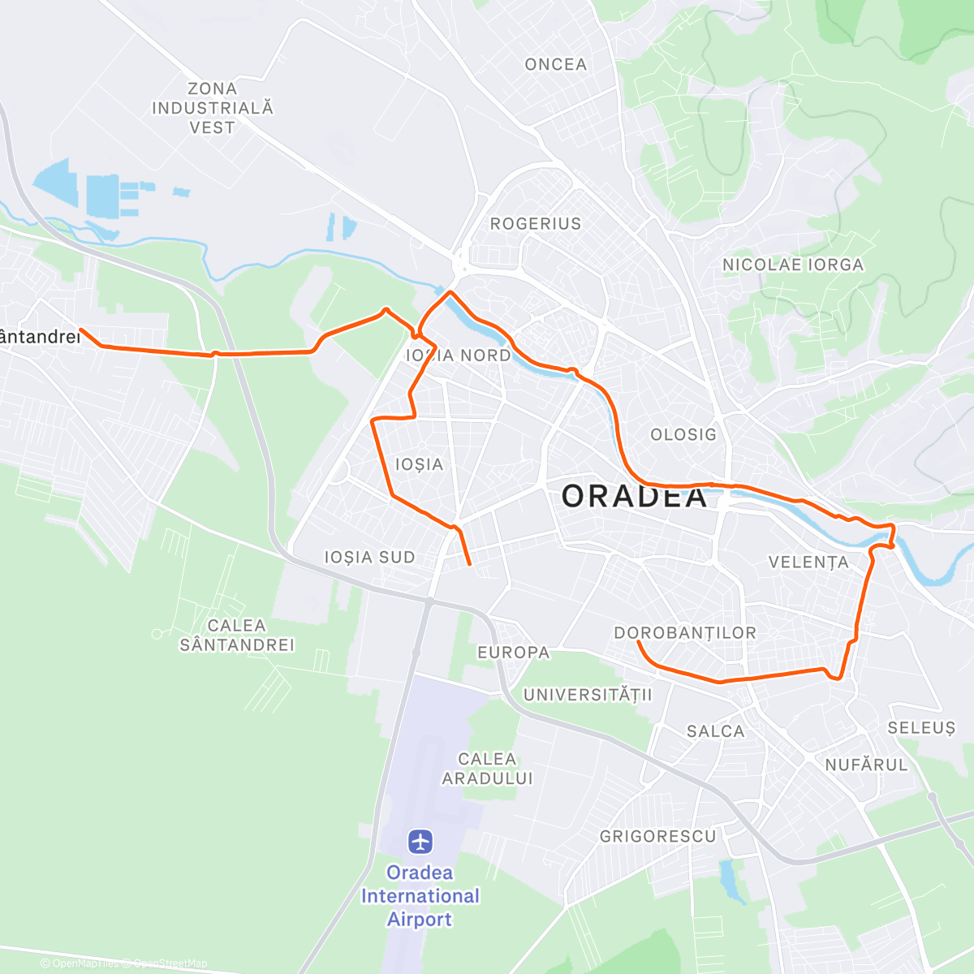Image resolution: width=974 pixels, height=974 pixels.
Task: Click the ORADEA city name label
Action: point(635,496)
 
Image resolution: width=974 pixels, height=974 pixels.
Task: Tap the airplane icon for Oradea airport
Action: point(420,841)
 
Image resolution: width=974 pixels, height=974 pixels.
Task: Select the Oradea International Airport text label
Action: point(420,896)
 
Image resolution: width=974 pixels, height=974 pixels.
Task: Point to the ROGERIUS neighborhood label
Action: point(536,224)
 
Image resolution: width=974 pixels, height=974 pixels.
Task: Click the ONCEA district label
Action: point(555,65)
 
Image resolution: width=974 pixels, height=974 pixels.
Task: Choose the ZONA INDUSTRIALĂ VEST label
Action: point(213,108)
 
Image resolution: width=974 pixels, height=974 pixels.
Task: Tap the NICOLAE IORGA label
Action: point(793,265)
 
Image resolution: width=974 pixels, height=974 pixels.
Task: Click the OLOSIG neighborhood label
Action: point(683,435)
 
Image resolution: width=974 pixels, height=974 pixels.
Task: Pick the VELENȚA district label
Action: point(808,562)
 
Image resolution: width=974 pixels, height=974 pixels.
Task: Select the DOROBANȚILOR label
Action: point(685,633)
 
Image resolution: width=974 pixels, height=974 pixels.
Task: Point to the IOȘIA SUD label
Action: point(369,558)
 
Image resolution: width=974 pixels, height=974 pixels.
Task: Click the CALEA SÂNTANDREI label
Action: point(237,636)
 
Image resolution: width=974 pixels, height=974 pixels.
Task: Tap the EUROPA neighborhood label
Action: point(513,653)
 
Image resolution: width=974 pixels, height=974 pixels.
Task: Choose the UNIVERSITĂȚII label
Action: point(588,695)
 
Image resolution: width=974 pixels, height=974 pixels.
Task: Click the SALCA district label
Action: point(715,731)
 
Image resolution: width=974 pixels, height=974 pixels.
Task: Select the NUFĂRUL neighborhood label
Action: point(866,765)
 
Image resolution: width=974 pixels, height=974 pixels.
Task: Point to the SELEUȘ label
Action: point(921,728)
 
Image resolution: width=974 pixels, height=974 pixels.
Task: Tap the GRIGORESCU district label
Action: point(657,836)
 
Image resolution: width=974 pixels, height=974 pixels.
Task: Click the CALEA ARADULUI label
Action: point(487,769)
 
